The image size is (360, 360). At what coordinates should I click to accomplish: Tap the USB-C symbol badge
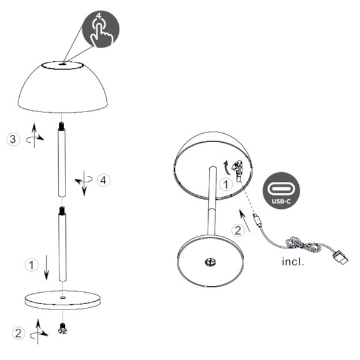coord(281,191)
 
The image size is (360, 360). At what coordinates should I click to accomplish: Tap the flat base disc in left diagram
coord(62,298)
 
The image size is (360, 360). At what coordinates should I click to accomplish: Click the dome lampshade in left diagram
coord(63,87)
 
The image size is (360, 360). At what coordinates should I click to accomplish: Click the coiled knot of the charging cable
coord(297,244)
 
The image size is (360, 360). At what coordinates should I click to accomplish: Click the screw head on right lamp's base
coord(210,262)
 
